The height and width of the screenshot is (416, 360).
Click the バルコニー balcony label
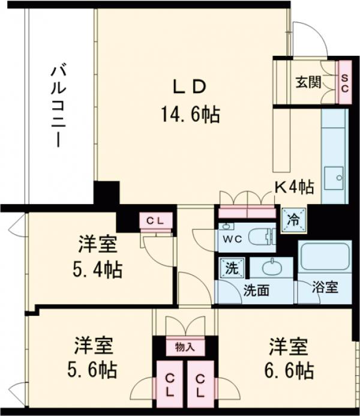click(x=59, y=106)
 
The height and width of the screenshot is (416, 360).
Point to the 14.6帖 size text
click(x=190, y=114)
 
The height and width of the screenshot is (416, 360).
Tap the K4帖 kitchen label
click(x=293, y=187)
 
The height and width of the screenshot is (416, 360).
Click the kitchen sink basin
click(x=334, y=178)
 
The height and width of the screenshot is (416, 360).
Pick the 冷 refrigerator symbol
click(x=294, y=219)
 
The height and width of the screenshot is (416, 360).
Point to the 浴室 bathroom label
click(x=325, y=288)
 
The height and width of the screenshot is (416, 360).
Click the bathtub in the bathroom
click(x=324, y=256)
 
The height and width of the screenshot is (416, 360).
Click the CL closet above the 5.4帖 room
click(x=155, y=221)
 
